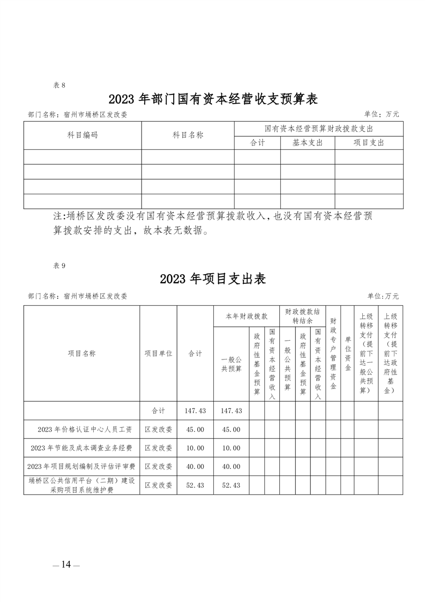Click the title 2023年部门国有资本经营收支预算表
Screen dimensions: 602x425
pos(213,99)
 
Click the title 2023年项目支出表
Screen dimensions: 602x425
pos(213,280)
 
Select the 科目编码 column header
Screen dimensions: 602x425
pos(83,135)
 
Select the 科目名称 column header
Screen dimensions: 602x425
pos(188,135)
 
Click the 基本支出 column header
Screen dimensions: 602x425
pos(308,143)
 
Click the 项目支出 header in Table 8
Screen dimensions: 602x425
pos(369,143)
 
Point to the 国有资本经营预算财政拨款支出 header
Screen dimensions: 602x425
pos(319,129)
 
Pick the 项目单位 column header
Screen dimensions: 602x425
pos(158,354)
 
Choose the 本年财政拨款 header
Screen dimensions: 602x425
pos(247,317)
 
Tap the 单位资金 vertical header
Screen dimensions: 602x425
pos(347,354)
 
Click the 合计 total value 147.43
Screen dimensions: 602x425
pos(195,410)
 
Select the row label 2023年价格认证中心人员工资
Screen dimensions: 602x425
pos(81,430)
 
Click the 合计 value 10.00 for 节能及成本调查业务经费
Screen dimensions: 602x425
pos(195,448)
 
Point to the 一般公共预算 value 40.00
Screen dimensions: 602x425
pos(231,466)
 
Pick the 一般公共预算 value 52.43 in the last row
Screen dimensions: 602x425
pos(231,485)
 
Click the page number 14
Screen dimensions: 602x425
pos(66,564)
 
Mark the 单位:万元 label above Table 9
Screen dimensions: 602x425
pos(383,296)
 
